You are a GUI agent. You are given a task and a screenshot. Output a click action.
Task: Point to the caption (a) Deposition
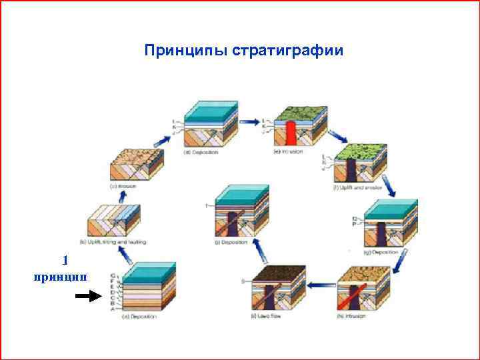140,316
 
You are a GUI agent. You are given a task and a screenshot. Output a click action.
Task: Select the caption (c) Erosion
123,186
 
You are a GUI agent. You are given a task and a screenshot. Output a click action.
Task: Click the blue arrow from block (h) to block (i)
320,285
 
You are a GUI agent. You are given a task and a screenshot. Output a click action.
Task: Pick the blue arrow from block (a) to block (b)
121,253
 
